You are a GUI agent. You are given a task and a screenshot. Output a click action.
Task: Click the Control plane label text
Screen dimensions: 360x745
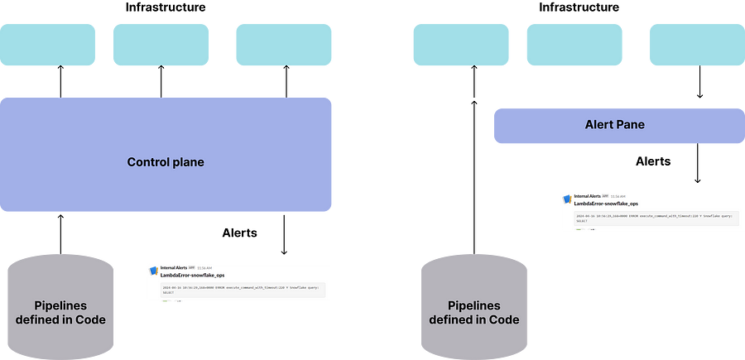pos(166,162)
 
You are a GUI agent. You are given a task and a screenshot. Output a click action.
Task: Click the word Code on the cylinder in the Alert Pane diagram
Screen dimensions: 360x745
pos(500,319)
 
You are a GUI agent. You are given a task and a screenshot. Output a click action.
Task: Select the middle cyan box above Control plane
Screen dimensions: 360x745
pos(160,45)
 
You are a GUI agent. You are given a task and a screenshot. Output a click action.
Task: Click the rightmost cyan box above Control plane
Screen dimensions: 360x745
pos(284,45)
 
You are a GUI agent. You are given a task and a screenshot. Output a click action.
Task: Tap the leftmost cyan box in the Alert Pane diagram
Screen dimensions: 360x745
pos(461,45)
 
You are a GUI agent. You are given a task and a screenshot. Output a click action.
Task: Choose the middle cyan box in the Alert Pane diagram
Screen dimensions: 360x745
pos(574,45)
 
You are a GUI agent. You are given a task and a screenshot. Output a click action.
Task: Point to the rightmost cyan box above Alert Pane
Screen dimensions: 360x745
pos(695,45)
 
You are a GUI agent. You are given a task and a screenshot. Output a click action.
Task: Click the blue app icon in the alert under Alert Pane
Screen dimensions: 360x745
pos(566,199)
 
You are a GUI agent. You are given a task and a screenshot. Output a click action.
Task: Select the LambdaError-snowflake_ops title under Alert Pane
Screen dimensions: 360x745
pos(606,203)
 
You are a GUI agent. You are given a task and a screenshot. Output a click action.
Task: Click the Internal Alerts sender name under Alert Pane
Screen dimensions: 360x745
pos(588,196)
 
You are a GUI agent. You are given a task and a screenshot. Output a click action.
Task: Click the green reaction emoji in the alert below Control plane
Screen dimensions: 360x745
pos(165,301)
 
